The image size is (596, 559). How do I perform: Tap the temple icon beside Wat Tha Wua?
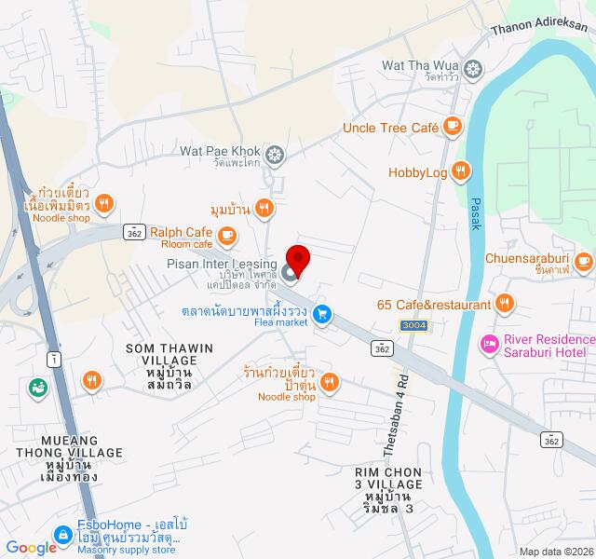point(474,67)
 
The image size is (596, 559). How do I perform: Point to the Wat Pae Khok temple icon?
point(275,153)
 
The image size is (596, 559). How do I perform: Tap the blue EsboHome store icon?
point(63,535)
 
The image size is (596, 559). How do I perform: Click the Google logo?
point(31,548)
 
